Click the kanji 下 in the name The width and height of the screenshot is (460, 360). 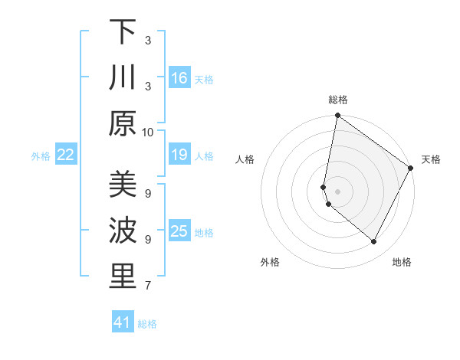123,31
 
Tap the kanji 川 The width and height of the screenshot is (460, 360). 123,77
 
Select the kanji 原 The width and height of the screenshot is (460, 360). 123,123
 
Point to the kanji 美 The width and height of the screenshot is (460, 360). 123,185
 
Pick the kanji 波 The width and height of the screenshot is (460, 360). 123,231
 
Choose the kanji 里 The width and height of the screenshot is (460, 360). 123,277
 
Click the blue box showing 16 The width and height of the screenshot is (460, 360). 179,77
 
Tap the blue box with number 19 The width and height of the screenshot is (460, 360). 179,155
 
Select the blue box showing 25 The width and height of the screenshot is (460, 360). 179,231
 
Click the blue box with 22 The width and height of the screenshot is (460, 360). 66,155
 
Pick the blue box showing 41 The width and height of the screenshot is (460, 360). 123,322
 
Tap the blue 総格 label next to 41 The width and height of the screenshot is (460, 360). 147,324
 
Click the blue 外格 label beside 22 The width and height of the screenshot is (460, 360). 41,156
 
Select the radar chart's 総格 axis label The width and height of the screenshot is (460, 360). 338,100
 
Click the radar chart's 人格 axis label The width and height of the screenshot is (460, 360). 245,159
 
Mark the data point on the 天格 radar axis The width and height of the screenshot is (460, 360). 411,169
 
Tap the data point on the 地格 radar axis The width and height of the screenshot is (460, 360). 373,242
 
